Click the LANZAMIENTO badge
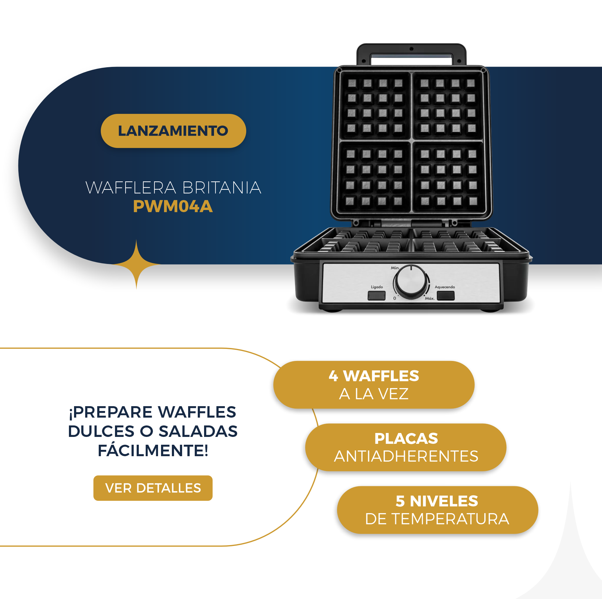click(x=173, y=131)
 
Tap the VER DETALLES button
click(x=153, y=488)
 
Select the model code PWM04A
click(x=173, y=206)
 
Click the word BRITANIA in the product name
click(x=221, y=188)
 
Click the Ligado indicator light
click(x=377, y=296)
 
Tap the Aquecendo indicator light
click(x=445, y=296)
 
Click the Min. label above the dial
click(x=395, y=268)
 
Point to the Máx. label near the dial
click(x=430, y=299)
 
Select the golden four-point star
click(x=136, y=265)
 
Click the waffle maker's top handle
click(x=411, y=53)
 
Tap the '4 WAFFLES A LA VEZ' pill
click(x=374, y=385)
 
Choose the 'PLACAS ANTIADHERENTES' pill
click(x=406, y=447)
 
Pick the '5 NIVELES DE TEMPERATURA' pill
click(x=437, y=510)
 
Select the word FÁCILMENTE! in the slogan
click(x=153, y=450)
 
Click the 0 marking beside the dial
click(x=395, y=298)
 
